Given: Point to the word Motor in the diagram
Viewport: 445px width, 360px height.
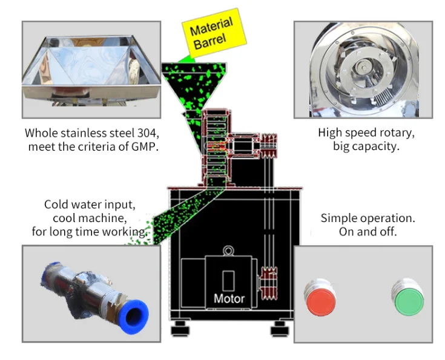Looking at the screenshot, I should click(229, 298).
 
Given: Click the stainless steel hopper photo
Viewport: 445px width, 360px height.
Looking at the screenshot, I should click(91, 70).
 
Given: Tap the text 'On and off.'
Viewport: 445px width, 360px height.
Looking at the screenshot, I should click(368, 232).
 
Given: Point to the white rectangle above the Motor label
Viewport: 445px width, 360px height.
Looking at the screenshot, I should click(228, 280).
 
